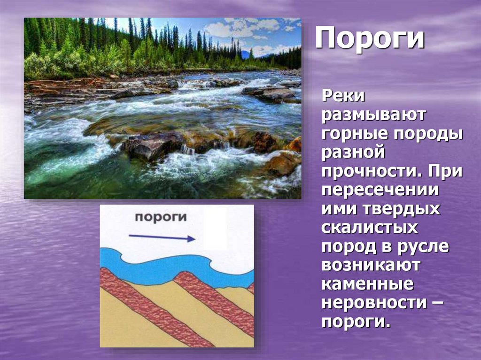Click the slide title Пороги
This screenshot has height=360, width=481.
tap(370, 39)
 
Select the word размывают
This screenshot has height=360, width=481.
tap(373, 115)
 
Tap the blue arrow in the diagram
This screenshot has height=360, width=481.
tap(162, 237)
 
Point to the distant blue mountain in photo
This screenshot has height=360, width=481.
tap(246, 55)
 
